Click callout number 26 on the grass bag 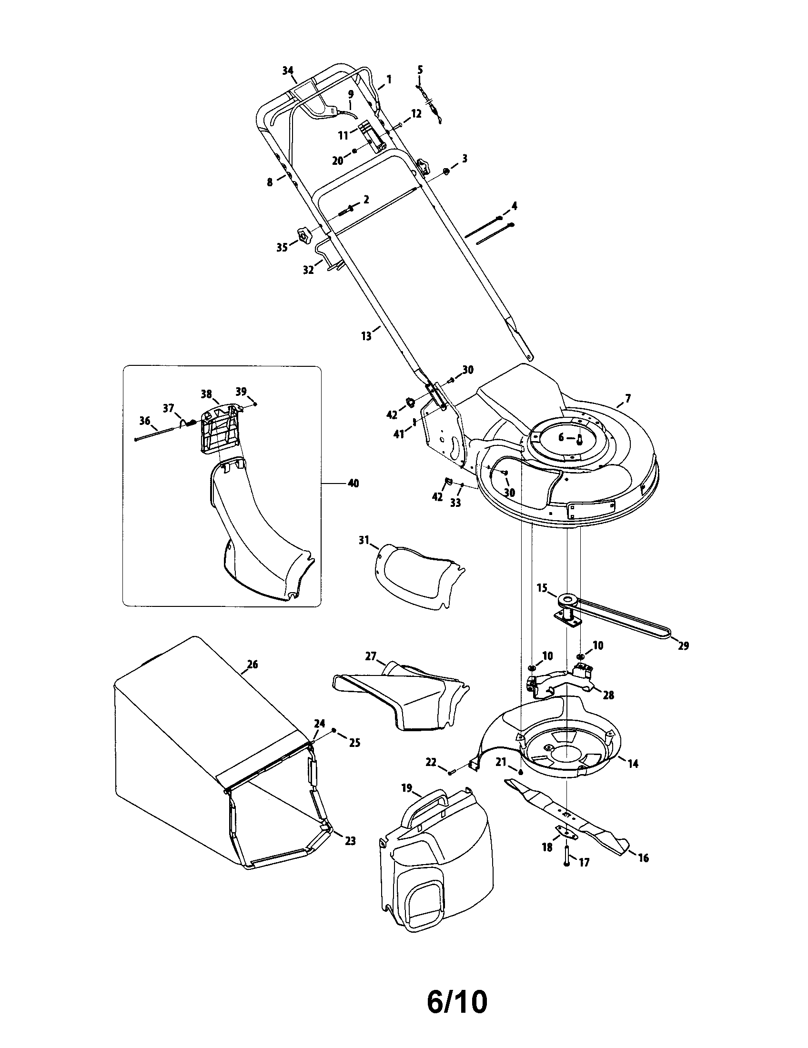pos(252,665)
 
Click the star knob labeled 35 pos(303,236)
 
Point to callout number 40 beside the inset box pos(353,484)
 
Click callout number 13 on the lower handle pos(366,336)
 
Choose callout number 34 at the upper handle pos(287,71)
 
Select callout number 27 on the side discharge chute pos(371,656)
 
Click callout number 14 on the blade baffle pos(633,764)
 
